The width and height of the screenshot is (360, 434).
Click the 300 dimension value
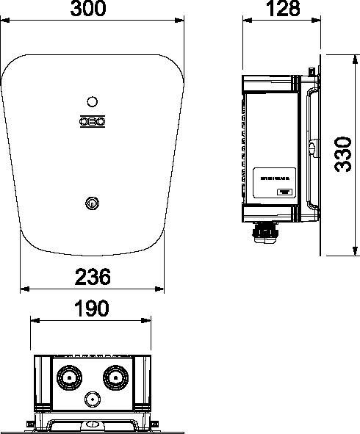[92, 9]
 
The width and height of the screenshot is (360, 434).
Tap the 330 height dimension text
[342, 153]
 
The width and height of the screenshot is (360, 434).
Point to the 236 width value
[93, 278]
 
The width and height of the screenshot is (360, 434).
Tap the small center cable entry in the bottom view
[93, 399]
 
